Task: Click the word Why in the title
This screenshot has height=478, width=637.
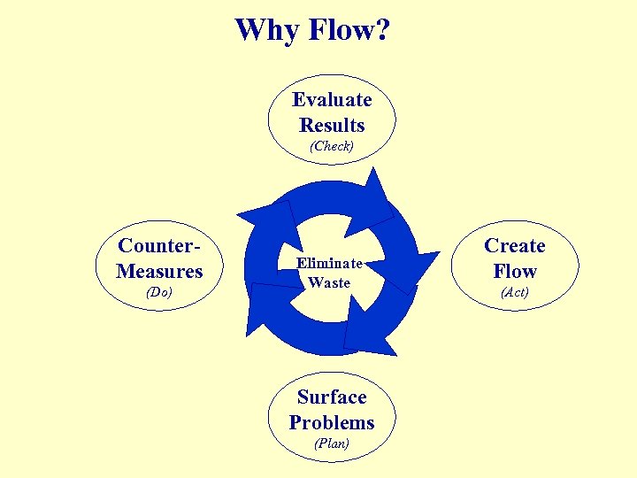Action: (267, 30)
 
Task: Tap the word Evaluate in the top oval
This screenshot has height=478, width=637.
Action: (332, 99)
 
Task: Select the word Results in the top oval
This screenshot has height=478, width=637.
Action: (332, 125)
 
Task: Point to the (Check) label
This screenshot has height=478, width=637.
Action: (332, 146)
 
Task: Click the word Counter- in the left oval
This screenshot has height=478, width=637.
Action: (159, 245)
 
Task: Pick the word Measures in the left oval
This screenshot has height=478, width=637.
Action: (159, 270)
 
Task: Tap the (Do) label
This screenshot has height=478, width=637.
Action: (159, 292)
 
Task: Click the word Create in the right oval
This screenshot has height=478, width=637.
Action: (515, 245)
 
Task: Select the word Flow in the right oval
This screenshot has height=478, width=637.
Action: (515, 271)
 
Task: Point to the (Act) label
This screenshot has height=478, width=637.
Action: (515, 292)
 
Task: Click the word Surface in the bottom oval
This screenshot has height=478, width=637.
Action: (332, 397)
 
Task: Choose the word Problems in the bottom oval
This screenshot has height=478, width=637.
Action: (332, 422)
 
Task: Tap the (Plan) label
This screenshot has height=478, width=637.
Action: (332, 443)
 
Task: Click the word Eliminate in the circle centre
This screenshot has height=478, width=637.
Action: (329, 263)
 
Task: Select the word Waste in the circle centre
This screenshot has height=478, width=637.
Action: (329, 282)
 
